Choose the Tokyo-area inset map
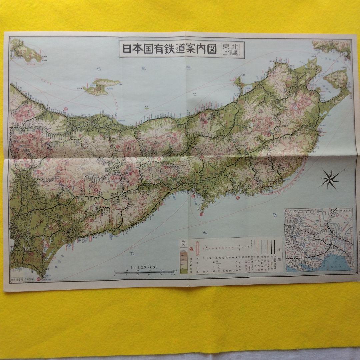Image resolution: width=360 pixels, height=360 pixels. (319, 240)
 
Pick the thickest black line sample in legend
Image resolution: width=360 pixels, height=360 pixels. (273, 247)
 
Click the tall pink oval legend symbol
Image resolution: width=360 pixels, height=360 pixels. (197, 248)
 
